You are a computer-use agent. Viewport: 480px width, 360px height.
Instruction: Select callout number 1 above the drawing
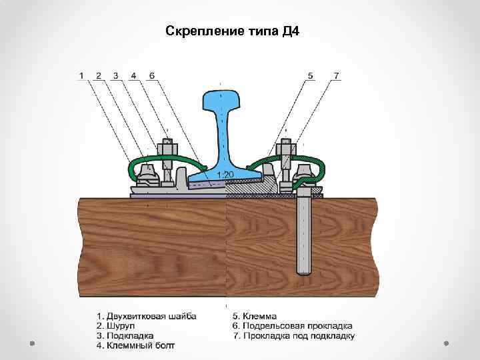(x=81, y=76)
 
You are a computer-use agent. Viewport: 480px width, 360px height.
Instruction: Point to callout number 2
(x=99, y=76)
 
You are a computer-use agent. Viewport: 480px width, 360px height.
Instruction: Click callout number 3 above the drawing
(x=116, y=76)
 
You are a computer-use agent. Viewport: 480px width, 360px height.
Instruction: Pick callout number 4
(x=133, y=76)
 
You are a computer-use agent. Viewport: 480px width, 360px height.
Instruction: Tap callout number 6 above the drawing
(x=151, y=76)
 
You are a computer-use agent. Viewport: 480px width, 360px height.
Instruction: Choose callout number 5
(x=310, y=76)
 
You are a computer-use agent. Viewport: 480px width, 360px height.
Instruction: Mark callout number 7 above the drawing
(x=337, y=76)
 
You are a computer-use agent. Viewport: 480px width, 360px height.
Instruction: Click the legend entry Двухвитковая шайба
(x=147, y=315)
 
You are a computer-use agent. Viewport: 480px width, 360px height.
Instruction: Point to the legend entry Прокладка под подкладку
(x=293, y=336)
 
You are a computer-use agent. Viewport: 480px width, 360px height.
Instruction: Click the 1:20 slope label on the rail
(x=225, y=174)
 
